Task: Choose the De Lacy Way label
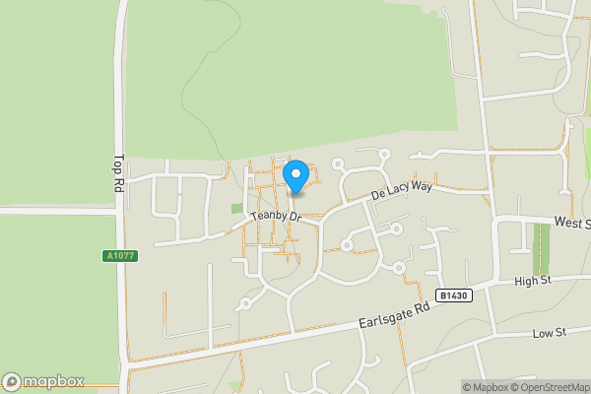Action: tap(401, 189)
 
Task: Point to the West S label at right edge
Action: tap(571, 224)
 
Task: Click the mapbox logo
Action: tap(43, 382)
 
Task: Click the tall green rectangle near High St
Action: tap(541, 249)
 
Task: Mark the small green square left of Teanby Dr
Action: tap(236, 209)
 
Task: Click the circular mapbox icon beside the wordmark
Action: tap(12, 382)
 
